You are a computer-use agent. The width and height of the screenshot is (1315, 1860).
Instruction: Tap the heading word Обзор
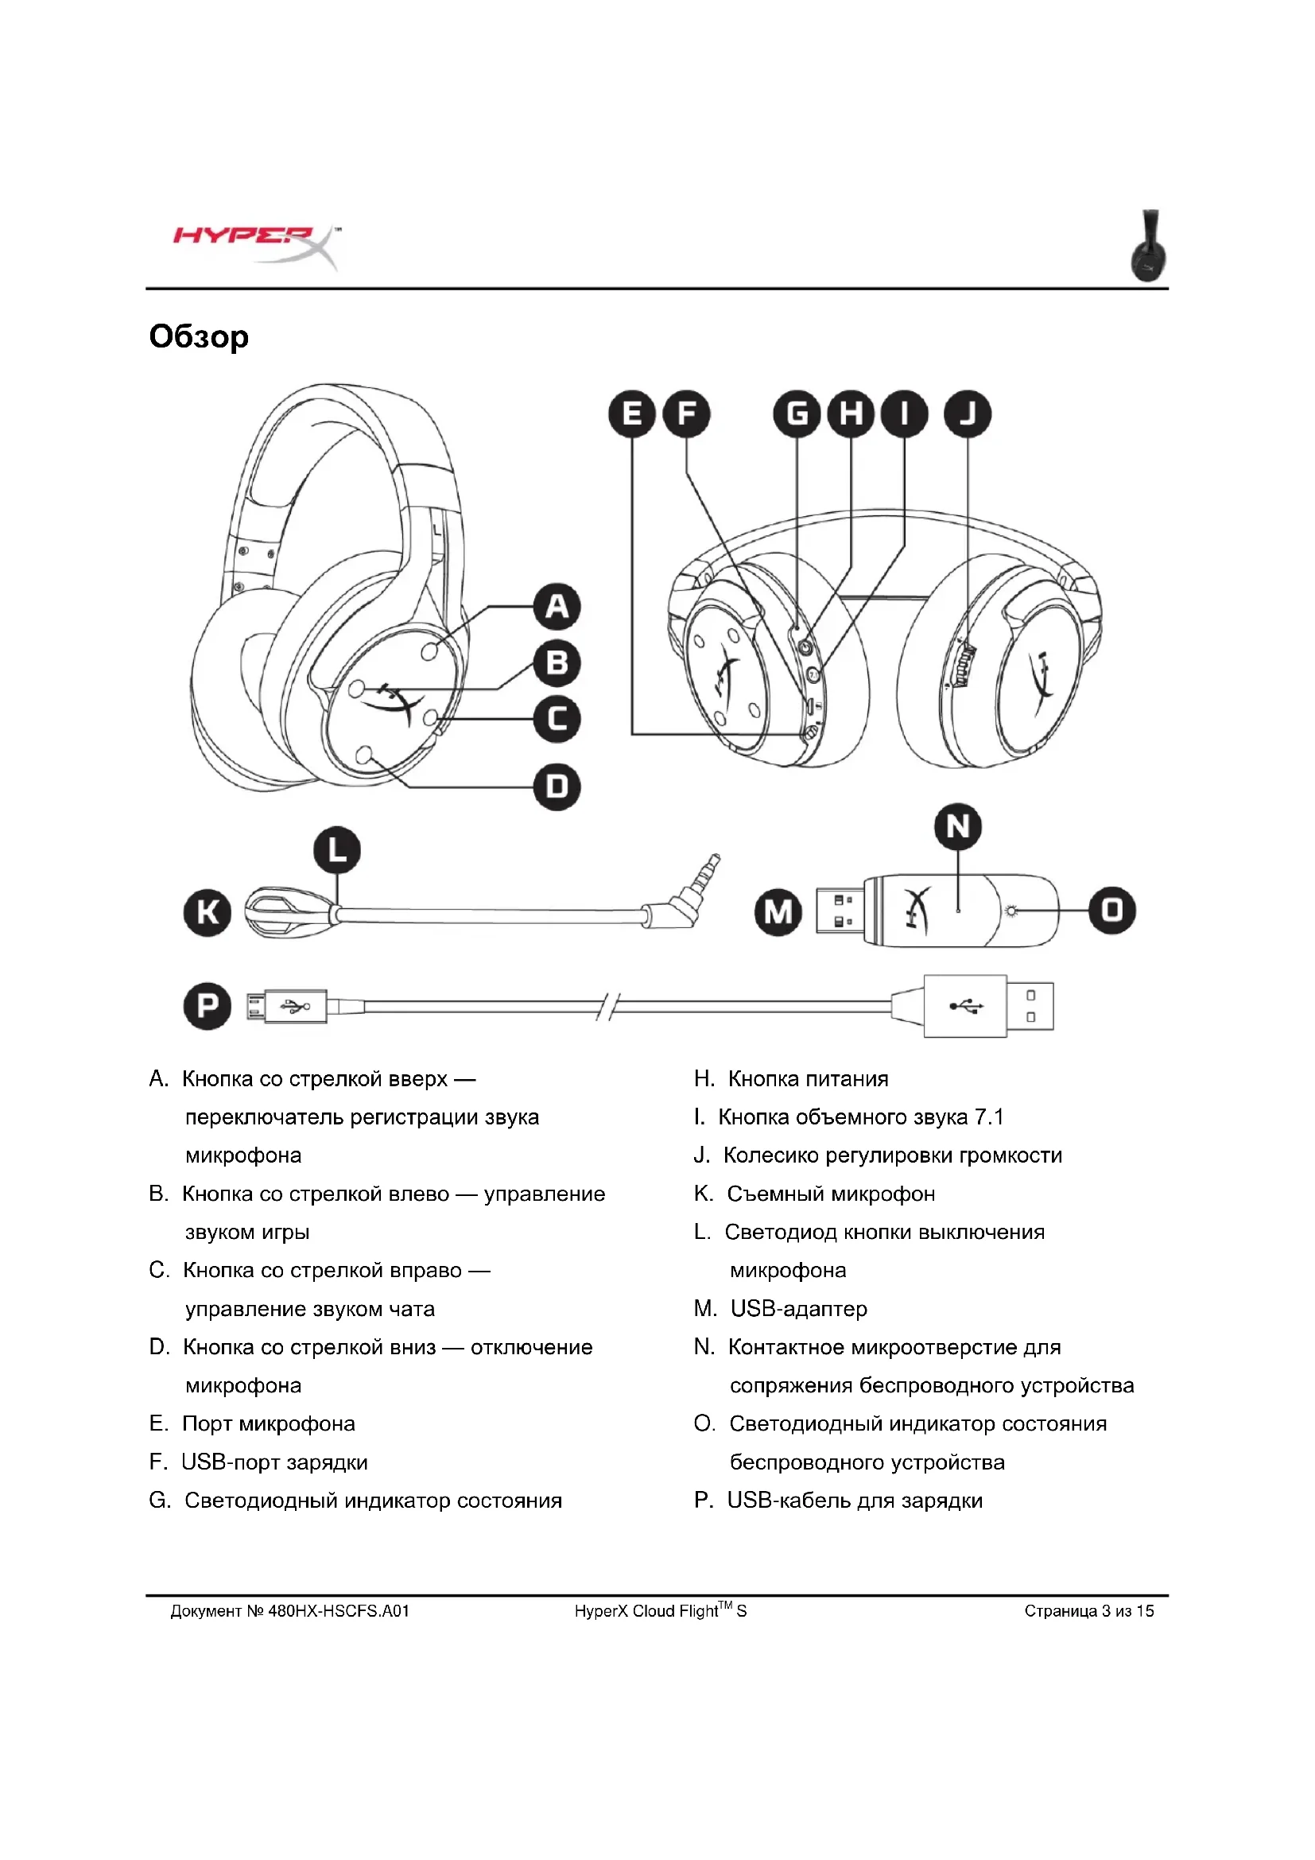pyautogui.click(x=200, y=337)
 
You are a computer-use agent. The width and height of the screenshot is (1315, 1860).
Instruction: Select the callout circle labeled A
pyautogui.click(x=557, y=606)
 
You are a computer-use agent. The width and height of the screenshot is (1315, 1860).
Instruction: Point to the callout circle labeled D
pyautogui.click(x=557, y=786)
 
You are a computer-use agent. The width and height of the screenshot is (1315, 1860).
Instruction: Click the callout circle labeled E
pyautogui.click(x=631, y=414)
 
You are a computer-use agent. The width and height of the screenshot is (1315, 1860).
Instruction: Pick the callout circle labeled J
pyautogui.click(x=968, y=414)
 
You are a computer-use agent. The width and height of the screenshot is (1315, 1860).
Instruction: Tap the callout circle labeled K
pyautogui.click(x=208, y=912)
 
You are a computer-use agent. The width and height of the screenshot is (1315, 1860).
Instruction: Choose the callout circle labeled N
pyautogui.click(x=958, y=827)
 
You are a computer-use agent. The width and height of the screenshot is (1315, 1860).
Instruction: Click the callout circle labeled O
pyautogui.click(x=1111, y=911)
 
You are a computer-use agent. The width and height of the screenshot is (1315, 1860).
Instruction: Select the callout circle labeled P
pyautogui.click(x=208, y=1006)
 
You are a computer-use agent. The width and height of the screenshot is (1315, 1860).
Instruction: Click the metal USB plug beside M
pyautogui.click(x=839, y=911)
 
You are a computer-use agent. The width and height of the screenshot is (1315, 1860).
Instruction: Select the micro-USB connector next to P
pyautogui.click(x=258, y=1007)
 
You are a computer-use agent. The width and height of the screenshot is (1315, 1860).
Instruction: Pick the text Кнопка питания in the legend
pyautogui.click(x=808, y=1079)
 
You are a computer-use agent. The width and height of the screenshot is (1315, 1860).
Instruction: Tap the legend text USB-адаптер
pyautogui.click(x=798, y=1309)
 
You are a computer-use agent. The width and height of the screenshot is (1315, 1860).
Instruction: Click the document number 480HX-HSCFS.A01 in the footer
pyautogui.click(x=339, y=1611)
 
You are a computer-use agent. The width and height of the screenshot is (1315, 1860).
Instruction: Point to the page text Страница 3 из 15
pyautogui.click(x=1089, y=1611)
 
